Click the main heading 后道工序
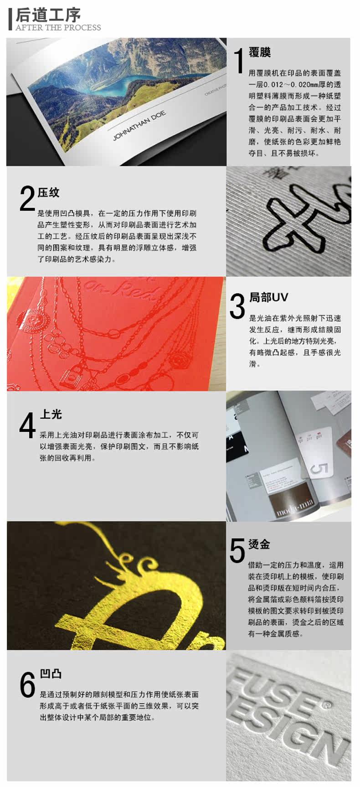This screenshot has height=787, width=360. pos(48,15)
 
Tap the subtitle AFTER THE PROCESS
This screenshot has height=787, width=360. pos(58,27)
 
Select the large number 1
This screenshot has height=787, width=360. pos(238,61)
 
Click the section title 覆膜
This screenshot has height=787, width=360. pos(260,52)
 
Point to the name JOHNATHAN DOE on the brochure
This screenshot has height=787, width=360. pos(139,125)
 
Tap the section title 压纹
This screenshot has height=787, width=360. pos(49,192)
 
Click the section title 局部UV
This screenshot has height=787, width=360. pos(268,297)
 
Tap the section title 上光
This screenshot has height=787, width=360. pos(51,414)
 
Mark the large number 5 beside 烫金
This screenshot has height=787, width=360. pos(237,550)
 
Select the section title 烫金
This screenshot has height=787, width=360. pos(259,544)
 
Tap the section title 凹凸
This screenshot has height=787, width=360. pos(51,674)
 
